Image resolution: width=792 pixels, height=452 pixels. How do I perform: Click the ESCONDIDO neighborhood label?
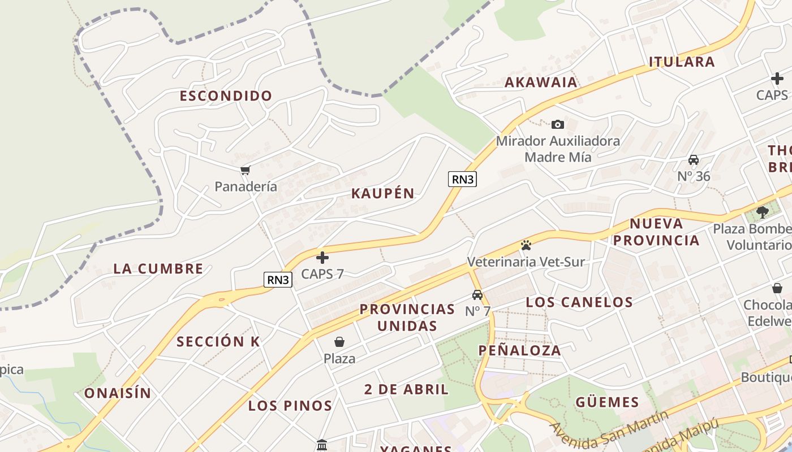click(x=226, y=96)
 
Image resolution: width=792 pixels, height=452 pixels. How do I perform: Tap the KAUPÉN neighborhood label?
click(x=383, y=193)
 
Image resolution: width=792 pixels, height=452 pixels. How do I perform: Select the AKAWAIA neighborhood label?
click(x=541, y=82)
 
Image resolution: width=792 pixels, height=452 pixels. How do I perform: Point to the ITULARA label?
click(x=682, y=62)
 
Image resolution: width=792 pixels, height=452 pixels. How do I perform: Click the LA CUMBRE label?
click(x=158, y=268)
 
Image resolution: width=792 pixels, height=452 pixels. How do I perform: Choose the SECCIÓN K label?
click(x=218, y=342)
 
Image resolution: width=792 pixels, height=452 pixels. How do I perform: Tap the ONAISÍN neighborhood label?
click(x=118, y=393)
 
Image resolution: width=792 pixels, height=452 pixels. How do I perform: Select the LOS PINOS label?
click(x=290, y=406)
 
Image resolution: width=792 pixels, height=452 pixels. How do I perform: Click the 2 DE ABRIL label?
click(x=406, y=389)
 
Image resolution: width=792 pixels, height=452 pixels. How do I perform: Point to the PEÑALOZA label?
click(x=520, y=350)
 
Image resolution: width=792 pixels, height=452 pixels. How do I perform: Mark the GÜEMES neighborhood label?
click(x=607, y=402)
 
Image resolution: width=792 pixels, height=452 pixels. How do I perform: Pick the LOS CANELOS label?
click(x=579, y=302)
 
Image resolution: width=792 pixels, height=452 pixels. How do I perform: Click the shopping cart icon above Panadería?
click(x=246, y=170)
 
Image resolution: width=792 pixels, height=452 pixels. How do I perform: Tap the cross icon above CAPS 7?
click(x=322, y=258)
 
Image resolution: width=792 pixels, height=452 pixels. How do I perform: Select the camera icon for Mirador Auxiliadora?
click(x=558, y=124)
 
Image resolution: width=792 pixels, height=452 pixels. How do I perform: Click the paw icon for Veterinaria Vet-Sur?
click(x=526, y=245)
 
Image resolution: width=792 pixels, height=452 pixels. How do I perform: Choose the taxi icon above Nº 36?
click(x=694, y=160)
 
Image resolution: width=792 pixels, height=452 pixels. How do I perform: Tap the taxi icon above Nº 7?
click(x=477, y=294)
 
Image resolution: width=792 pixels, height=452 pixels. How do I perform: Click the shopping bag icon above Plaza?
click(x=339, y=341)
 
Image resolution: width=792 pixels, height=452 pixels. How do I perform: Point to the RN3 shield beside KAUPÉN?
click(x=463, y=179)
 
